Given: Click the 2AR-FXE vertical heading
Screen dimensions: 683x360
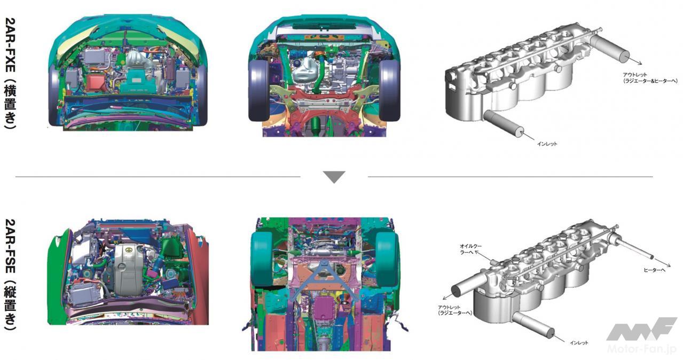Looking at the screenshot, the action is click(x=10, y=74).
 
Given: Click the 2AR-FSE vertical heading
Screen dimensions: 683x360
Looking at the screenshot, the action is click(x=10, y=275).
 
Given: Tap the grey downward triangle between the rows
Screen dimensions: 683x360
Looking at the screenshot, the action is click(x=334, y=177).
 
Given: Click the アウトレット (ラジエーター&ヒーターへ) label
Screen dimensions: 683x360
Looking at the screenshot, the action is click(x=650, y=78).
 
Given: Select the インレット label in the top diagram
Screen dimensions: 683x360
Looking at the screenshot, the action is click(x=547, y=144).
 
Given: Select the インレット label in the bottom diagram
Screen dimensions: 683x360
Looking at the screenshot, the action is click(x=579, y=342).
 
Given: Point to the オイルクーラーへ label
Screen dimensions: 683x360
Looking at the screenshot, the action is click(x=470, y=249).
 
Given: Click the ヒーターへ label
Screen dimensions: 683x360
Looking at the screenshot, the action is click(x=654, y=270).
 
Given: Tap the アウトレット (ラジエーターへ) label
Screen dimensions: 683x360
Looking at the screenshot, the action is click(x=454, y=310).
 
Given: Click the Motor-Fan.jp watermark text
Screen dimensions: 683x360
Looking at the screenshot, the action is click(x=641, y=348).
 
